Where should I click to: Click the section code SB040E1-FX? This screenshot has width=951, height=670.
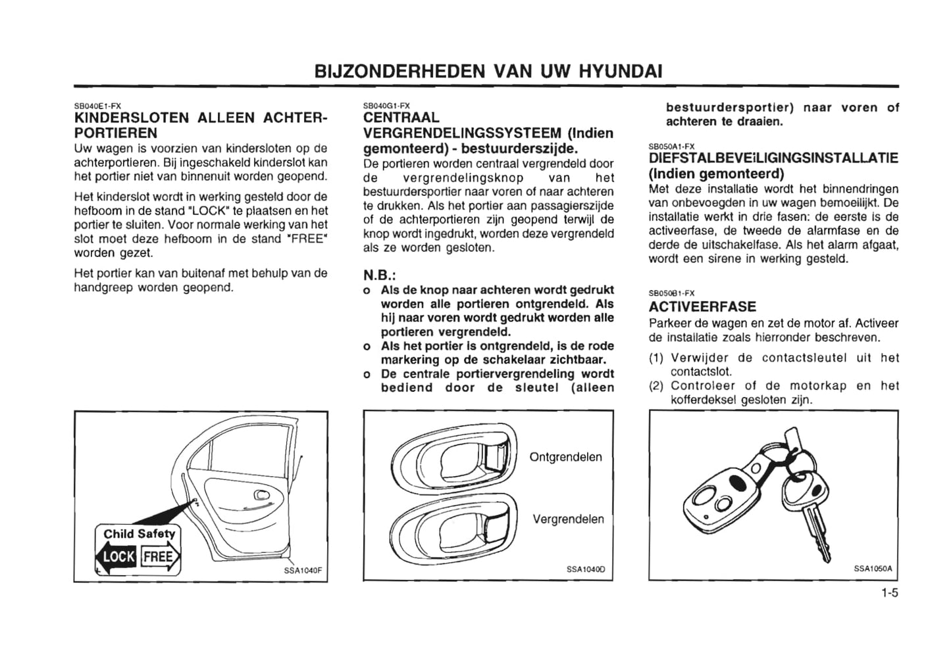coord(97,105)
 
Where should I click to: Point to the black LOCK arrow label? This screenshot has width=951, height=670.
coord(118,558)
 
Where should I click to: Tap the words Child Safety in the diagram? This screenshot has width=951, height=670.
coord(140,534)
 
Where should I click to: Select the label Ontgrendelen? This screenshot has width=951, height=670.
coord(565,457)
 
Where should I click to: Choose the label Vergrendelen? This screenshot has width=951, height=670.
coord(568,519)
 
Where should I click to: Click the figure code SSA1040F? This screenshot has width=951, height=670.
coord(302,570)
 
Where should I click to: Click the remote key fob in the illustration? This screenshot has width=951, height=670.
coord(723,493)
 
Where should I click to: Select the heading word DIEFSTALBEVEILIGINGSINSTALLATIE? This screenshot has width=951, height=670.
coord(773,158)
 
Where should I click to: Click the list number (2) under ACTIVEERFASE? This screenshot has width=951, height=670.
coord(656,386)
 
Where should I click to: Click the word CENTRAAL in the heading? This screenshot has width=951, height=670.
coord(401,118)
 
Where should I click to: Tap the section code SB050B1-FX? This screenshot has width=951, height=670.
coord(671,293)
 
